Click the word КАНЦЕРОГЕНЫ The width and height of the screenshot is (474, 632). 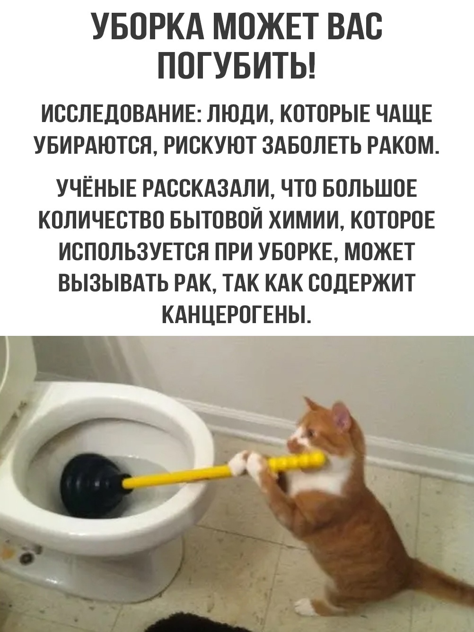tap(237, 313)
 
